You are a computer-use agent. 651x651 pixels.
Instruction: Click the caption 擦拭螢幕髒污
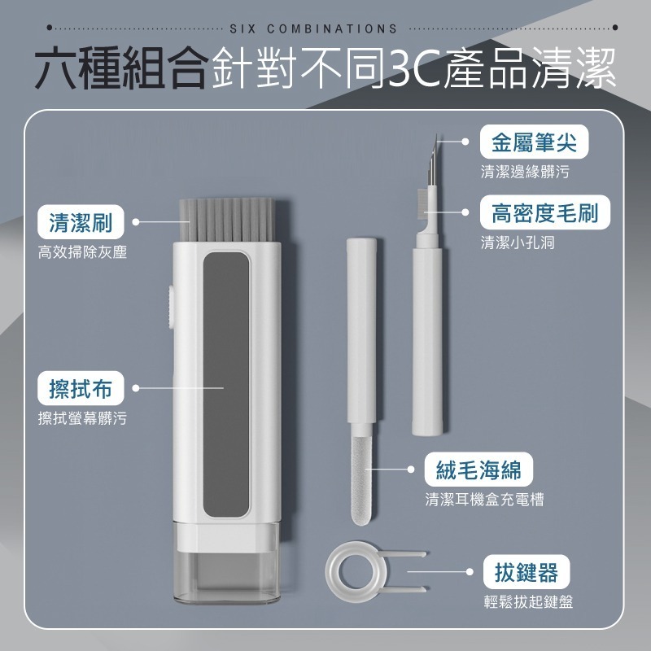(82, 419)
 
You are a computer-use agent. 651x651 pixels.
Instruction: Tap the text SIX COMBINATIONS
(313, 28)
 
